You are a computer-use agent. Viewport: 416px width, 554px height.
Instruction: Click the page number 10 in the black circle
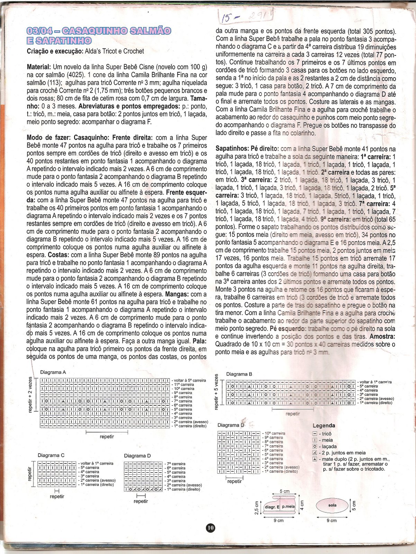(x=210, y=528)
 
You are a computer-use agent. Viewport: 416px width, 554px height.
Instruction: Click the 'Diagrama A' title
(x=53, y=372)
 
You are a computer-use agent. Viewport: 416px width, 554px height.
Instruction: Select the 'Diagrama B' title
(x=239, y=374)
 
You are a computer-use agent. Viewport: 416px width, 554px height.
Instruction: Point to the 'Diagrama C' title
(x=51, y=455)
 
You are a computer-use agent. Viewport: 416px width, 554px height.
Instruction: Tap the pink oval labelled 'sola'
(x=332, y=506)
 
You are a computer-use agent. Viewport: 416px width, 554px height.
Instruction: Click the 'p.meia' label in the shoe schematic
(x=288, y=507)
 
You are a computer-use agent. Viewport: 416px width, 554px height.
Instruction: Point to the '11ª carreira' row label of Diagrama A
(x=184, y=385)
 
